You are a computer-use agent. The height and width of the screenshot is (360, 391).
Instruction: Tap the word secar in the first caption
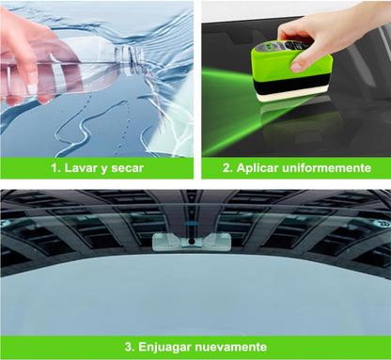(x=127, y=168)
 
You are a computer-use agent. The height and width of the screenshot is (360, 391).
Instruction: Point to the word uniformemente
(x=326, y=168)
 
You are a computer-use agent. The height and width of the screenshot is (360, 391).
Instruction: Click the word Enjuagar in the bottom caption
(x=164, y=347)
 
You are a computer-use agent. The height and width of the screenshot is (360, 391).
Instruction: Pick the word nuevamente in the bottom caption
(x=231, y=347)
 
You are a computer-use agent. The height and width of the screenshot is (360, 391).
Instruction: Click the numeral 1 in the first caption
(x=55, y=168)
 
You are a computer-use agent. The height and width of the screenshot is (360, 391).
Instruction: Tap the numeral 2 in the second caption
(x=227, y=168)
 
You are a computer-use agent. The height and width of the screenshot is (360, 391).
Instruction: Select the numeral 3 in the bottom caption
(x=128, y=347)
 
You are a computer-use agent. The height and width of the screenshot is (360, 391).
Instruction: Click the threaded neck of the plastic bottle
(x=129, y=59)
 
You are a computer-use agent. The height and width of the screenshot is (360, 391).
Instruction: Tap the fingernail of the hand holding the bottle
(x=32, y=88)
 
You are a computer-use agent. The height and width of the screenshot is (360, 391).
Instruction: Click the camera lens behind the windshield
(x=191, y=242)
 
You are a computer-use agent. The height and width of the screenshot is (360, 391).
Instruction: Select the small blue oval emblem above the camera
(x=190, y=224)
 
